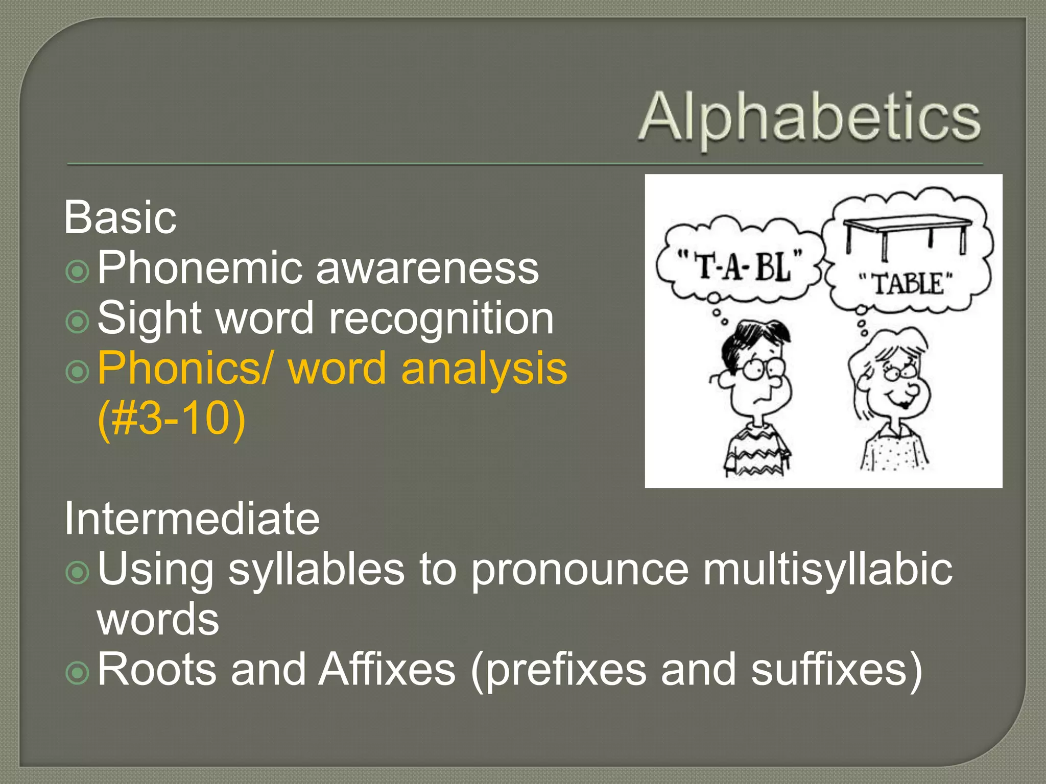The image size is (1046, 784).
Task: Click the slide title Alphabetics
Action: coord(810,117)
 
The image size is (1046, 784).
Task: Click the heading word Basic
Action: coord(121,217)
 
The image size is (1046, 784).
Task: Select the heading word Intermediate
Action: coord(192,519)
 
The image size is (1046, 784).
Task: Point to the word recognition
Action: coord(441,318)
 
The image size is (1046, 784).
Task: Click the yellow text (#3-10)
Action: coord(172,418)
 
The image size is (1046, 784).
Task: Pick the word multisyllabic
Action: coord(827,569)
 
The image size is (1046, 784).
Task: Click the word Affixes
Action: coord(387,669)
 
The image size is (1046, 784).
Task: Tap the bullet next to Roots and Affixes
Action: coord(78,673)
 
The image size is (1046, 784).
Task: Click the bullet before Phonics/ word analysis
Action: coord(78,372)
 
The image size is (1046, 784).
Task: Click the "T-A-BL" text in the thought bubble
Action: coord(740,265)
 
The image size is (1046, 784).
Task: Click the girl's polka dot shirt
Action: coord(894,449)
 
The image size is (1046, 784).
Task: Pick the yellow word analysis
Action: coord(484,368)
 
